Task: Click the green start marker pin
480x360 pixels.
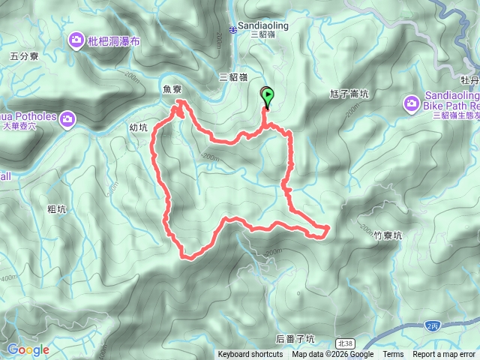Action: tap(267, 95)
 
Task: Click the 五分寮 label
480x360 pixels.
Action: tap(25, 55)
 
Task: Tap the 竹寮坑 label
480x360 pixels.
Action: tap(388, 235)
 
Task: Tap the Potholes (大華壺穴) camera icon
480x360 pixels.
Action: tap(68, 118)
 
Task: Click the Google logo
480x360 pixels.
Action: tap(28, 349)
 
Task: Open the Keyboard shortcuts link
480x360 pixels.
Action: tap(250, 355)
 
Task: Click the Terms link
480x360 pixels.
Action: tap(393, 355)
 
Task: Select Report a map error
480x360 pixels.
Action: tap(444, 355)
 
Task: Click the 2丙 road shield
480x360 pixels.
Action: tap(432, 325)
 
